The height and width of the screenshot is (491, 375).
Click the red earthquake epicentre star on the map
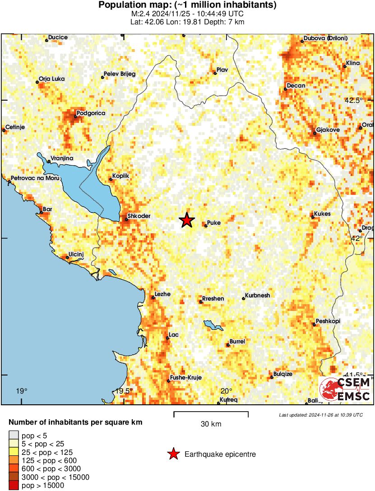point(186,220)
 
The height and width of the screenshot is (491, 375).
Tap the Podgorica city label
point(91,113)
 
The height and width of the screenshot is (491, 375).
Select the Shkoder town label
point(139,216)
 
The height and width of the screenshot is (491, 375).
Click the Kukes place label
point(323,214)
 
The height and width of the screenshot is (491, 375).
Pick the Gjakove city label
point(328,130)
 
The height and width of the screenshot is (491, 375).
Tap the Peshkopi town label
point(328,321)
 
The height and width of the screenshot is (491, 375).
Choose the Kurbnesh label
point(257,296)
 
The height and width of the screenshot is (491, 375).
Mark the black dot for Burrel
point(228,346)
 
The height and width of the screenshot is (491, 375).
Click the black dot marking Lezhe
point(153,297)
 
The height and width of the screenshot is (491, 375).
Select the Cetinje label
point(15,127)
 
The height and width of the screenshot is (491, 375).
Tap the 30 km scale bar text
point(211,424)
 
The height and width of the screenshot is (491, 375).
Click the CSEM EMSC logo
point(345,389)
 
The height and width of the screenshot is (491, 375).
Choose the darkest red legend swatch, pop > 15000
point(14,486)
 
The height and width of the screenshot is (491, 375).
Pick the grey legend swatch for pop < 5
point(14,435)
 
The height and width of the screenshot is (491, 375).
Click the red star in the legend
point(173,454)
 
